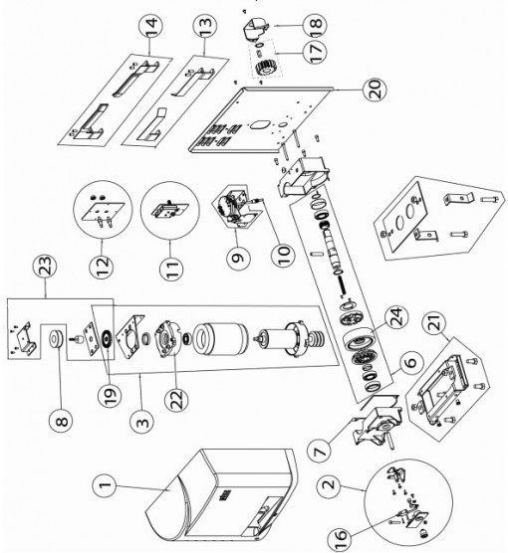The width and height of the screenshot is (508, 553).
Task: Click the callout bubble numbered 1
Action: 105,485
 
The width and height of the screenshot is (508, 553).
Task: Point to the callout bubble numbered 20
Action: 375,89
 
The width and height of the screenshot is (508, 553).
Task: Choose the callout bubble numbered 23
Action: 46,266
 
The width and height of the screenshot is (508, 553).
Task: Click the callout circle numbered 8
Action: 62,420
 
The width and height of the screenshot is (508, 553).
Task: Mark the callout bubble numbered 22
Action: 176,398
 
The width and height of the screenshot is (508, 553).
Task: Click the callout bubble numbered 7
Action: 320,451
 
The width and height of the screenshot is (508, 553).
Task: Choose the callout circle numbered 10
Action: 284,253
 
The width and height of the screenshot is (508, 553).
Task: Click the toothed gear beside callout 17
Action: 263,68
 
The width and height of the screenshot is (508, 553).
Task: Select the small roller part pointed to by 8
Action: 57,339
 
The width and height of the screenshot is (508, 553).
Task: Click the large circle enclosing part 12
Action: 103,210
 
